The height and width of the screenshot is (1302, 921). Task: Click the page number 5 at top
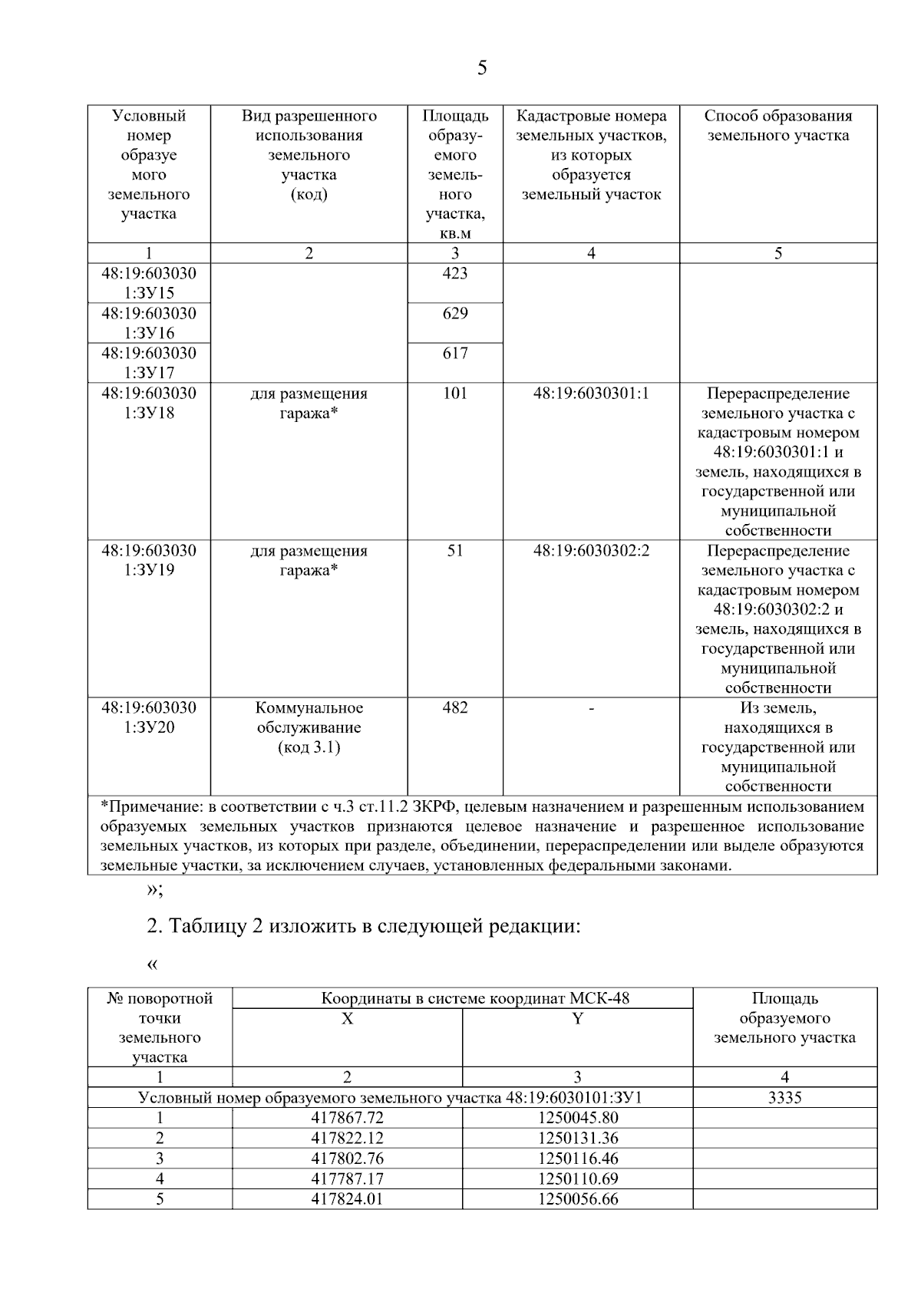(x=481, y=68)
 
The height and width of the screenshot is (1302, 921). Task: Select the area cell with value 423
(x=455, y=274)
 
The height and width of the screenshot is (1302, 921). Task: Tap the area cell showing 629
(x=455, y=314)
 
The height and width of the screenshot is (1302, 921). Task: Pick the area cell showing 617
(x=455, y=354)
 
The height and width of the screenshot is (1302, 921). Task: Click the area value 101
(x=455, y=394)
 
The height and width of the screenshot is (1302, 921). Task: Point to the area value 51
(x=455, y=551)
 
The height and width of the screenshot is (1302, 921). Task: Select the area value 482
(x=455, y=708)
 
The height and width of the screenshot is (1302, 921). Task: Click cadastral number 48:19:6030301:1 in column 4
(x=591, y=394)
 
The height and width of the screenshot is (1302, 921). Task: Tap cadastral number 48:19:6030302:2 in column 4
(x=591, y=551)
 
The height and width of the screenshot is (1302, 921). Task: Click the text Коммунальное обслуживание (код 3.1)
(x=309, y=727)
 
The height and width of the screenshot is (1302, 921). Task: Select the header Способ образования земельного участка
(x=778, y=126)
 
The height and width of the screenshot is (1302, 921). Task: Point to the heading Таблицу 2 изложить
(x=363, y=926)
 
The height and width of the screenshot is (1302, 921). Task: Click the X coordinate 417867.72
(x=347, y=1118)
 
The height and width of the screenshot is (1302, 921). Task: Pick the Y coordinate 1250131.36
(x=577, y=1138)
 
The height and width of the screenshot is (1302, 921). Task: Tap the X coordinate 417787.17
(x=347, y=1178)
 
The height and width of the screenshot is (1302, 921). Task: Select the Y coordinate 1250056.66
(x=577, y=1198)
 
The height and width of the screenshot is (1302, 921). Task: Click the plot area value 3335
(x=784, y=1098)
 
